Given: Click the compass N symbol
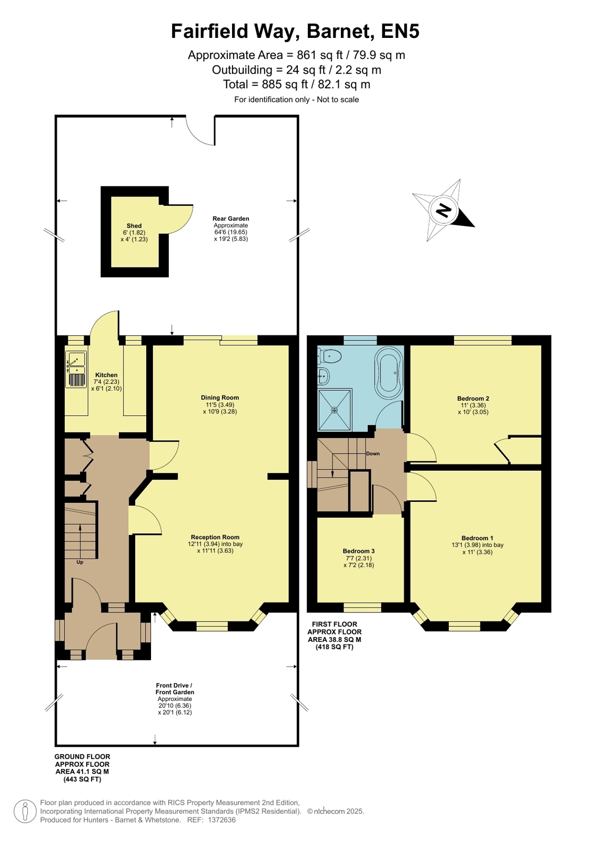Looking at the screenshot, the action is (x=443, y=210).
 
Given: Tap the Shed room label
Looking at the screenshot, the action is (x=134, y=225).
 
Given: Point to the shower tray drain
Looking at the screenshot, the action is (x=334, y=410).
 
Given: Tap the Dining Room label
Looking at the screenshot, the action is (x=220, y=398).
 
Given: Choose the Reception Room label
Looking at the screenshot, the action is (x=215, y=537).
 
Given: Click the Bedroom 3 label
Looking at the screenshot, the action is (x=358, y=551).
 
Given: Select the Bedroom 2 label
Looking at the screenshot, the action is (x=473, y=399).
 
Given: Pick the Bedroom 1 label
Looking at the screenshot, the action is (x=477, y=538).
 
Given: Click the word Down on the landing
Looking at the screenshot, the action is (x=372, y=454).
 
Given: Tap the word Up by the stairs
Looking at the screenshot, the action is (x=79, y=562).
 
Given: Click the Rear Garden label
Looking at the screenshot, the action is (x=230, y=219).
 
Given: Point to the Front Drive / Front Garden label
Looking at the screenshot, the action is (x=175, y=689).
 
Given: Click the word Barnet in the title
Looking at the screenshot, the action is (x=341, y=31).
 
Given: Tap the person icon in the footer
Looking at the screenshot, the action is (x=25, y=811).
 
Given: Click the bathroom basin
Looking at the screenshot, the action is (x=323, y=375).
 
